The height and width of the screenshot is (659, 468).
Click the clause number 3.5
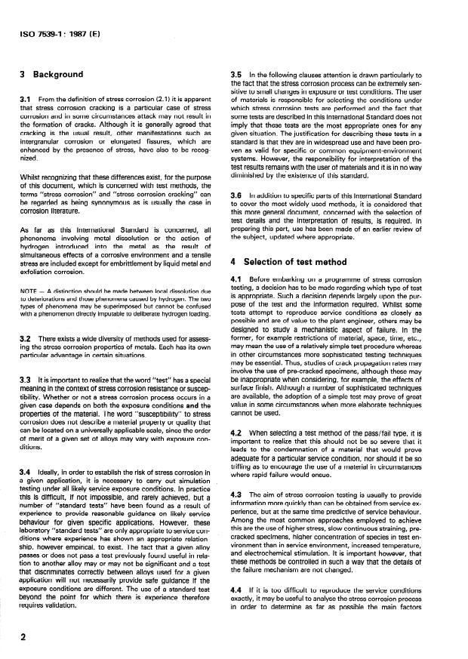pos(236,74)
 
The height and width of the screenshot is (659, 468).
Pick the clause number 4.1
pos(236,302)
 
